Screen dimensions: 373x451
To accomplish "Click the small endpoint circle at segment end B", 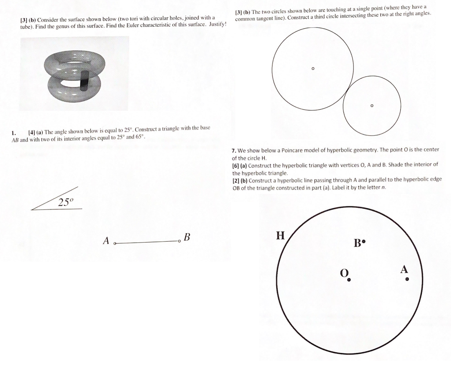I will point(179,241).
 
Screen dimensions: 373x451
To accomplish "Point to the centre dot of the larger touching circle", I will point(313,68).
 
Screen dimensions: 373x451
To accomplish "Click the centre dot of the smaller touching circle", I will point(371,106).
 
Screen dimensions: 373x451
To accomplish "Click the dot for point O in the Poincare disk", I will point(349,280).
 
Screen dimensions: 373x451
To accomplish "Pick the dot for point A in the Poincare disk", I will point(407,279).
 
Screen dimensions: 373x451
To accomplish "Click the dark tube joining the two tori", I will point(84,80).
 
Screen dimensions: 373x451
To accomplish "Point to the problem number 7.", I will point(233,150).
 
